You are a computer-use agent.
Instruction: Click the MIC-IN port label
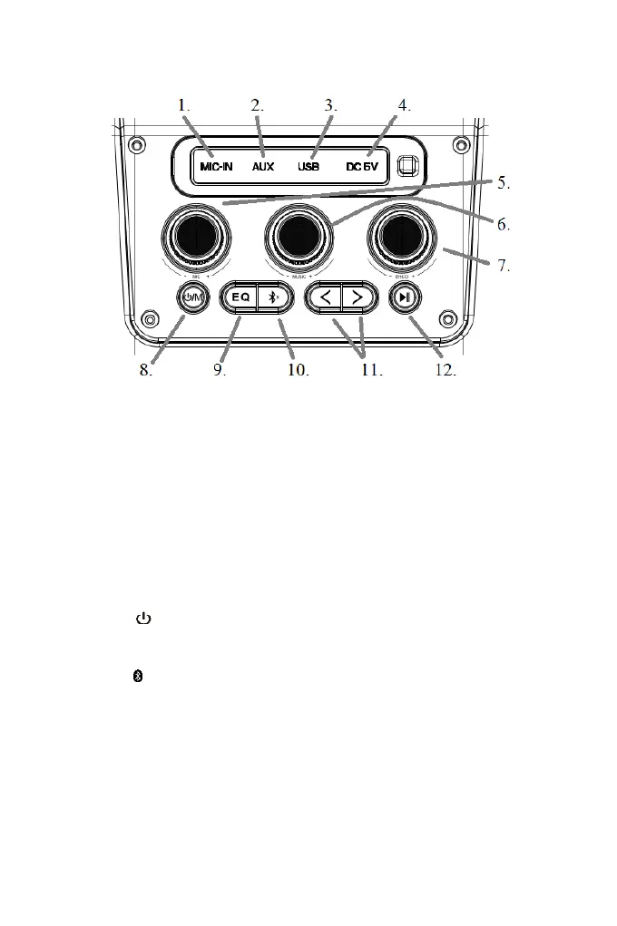point(218,167)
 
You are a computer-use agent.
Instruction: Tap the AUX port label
point(263,167)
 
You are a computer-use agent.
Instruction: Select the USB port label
point(308,167)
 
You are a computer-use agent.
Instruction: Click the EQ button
point(240,297)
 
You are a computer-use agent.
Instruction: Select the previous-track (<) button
point(325,297)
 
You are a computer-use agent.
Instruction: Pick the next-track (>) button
point(357,297)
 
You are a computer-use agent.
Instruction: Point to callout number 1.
point(184,105)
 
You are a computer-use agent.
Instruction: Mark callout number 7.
point(504,267)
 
